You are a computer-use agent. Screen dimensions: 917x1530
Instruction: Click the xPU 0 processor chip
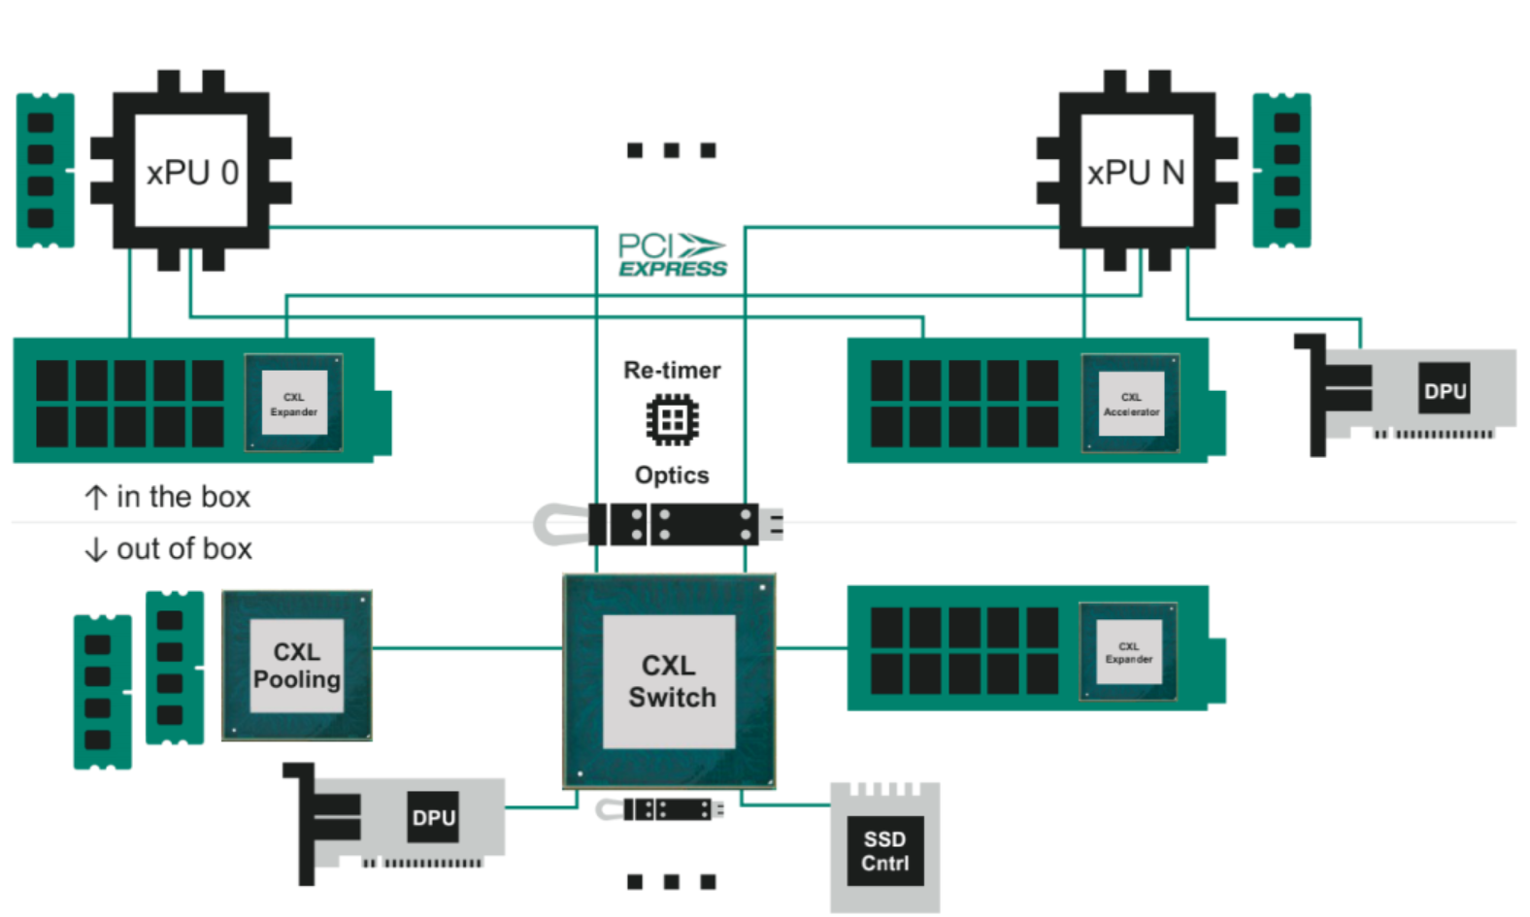coord(191,172)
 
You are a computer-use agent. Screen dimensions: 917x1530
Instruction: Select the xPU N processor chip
coord(1136,172)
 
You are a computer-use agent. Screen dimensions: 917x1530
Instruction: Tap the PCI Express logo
coord(672,255)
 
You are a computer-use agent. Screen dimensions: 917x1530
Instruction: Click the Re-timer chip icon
coord(672,420)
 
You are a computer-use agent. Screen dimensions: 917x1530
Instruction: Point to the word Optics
coord(672,475)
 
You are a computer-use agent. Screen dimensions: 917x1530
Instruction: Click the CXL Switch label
coord(670,681)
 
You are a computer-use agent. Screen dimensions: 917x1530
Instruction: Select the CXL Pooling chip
coord(296,666)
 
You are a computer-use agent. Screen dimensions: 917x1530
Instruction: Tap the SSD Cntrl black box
coord(884,851)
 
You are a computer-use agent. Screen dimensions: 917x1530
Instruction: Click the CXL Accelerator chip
coord(1131,404)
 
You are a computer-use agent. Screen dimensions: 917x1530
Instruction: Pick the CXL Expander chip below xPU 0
coord(293,404)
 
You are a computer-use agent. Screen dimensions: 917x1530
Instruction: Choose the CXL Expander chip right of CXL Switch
coord(1128,652)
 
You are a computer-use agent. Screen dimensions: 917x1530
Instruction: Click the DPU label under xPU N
coord(1445,390)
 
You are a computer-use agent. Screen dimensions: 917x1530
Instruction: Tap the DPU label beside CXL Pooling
coord(433,817)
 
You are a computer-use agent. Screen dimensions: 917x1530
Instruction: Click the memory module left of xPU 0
coord(45,170)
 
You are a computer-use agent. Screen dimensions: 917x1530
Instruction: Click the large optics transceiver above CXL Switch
coord(670,525)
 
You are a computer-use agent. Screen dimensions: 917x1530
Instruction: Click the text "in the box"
coord(183,497)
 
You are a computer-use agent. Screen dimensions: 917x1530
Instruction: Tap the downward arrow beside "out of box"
coord(95,550)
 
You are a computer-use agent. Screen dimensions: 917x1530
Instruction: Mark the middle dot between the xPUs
coord(671,150)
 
